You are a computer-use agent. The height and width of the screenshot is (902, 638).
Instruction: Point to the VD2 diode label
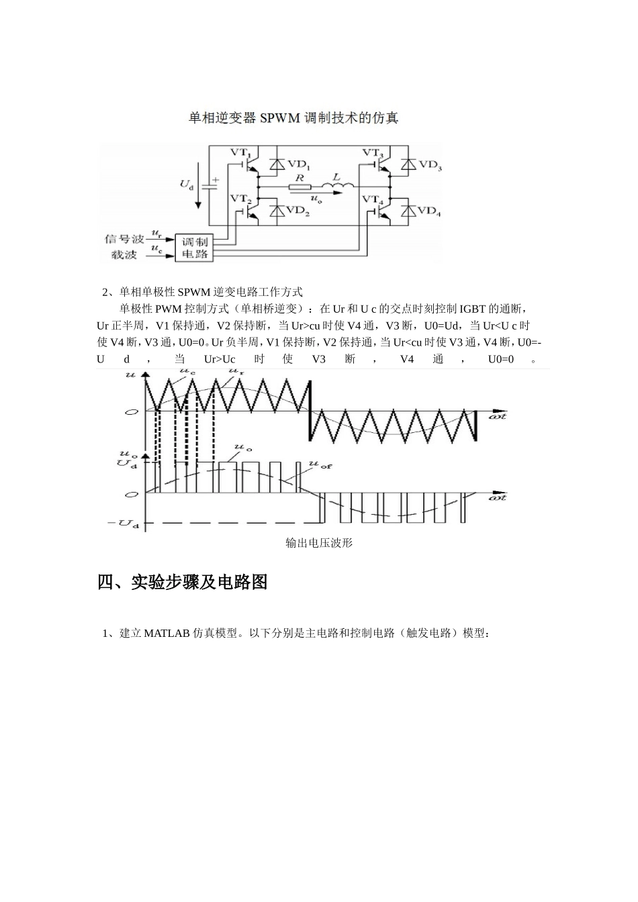coord(298,212)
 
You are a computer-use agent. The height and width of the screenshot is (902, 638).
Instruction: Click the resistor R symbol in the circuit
coord(300,187)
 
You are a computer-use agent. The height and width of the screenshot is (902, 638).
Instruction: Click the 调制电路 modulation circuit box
coord(195,248)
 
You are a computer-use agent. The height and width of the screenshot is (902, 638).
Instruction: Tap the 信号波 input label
coord(124,239)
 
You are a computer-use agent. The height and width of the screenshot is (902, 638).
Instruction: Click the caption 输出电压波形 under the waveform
coord(319,543)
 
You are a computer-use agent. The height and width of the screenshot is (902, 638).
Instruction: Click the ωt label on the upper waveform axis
coord(498,416)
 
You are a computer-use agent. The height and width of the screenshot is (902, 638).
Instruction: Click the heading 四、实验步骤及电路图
coord(183,582)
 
